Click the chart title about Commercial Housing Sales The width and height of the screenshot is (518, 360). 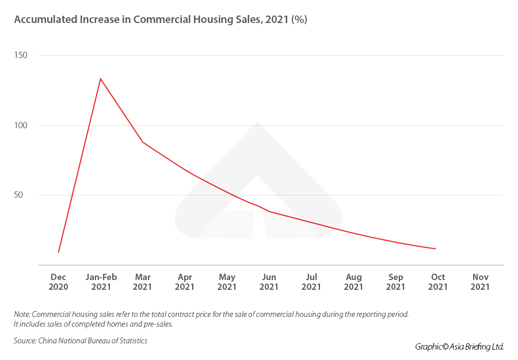click(161, 20)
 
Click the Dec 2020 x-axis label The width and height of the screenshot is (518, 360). click(59, 282)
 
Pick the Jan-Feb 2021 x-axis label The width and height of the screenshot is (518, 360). click(101, 282)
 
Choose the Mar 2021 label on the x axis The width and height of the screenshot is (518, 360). click(143, 282)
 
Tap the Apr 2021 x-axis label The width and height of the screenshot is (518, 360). click(185, 282)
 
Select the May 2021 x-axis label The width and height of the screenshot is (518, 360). click(227, 282)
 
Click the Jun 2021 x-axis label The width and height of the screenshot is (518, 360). click(269, 282)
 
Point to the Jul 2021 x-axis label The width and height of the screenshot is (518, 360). click(311, 282)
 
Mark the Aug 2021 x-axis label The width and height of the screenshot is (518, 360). click(353, 282)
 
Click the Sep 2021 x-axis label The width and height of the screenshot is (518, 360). click(395, 282)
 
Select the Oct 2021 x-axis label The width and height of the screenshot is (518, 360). click(438, 282)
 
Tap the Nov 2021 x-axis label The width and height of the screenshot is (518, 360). click(480, 282)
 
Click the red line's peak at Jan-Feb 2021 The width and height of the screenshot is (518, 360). click(101, 79)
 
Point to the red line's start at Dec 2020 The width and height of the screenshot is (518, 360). click(59, 252)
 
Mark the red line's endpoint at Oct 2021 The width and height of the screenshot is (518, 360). click(436, 249)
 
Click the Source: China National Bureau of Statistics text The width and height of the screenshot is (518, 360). click(81, 341)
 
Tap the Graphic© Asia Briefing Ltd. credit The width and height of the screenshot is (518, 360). click(459, 346)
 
